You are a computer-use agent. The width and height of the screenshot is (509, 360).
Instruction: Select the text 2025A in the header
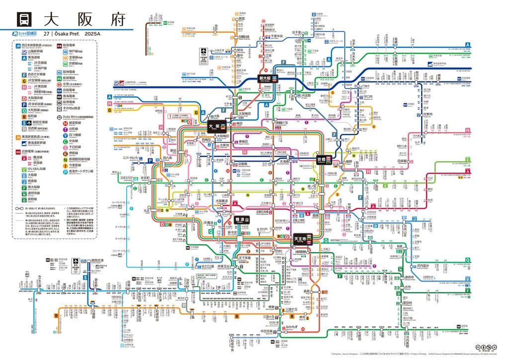[x=92, y=33]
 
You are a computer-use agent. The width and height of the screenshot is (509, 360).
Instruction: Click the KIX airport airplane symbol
[x=76, y=261]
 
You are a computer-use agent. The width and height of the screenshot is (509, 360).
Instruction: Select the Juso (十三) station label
[x=229, y=97]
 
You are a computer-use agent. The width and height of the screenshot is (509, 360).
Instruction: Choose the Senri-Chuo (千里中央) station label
[x=276, y=36]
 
